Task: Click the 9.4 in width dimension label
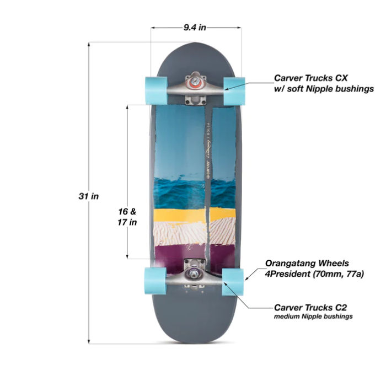[196, 26]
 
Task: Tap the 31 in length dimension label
[88, 196]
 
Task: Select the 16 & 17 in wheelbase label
[127, 217]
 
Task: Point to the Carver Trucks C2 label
[310, 307]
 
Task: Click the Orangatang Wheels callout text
[307, 263]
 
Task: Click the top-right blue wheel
[234, 84]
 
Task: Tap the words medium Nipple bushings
[313, 317]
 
